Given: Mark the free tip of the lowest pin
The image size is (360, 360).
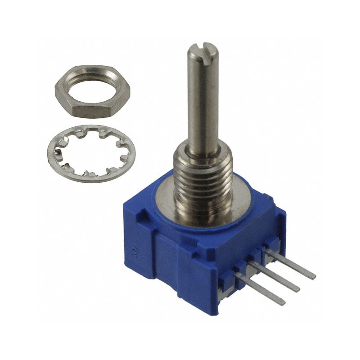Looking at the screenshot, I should (x=283, y=302).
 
